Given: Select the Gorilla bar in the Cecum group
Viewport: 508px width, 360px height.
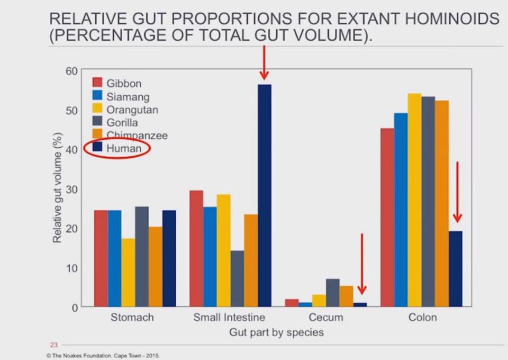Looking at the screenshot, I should coord(333,293).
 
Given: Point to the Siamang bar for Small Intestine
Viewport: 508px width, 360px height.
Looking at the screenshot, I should coord(210,257).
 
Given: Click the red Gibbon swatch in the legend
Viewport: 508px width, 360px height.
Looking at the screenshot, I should coord(97,83).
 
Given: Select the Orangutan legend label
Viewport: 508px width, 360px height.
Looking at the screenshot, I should coord(132,110).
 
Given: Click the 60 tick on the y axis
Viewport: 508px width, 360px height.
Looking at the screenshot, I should coord(72,71).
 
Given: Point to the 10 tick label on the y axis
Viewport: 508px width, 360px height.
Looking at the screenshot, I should coord(72,268).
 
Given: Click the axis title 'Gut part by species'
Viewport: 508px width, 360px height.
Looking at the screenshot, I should coord(276,333).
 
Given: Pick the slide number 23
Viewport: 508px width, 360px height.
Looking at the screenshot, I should coord(53,342).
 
